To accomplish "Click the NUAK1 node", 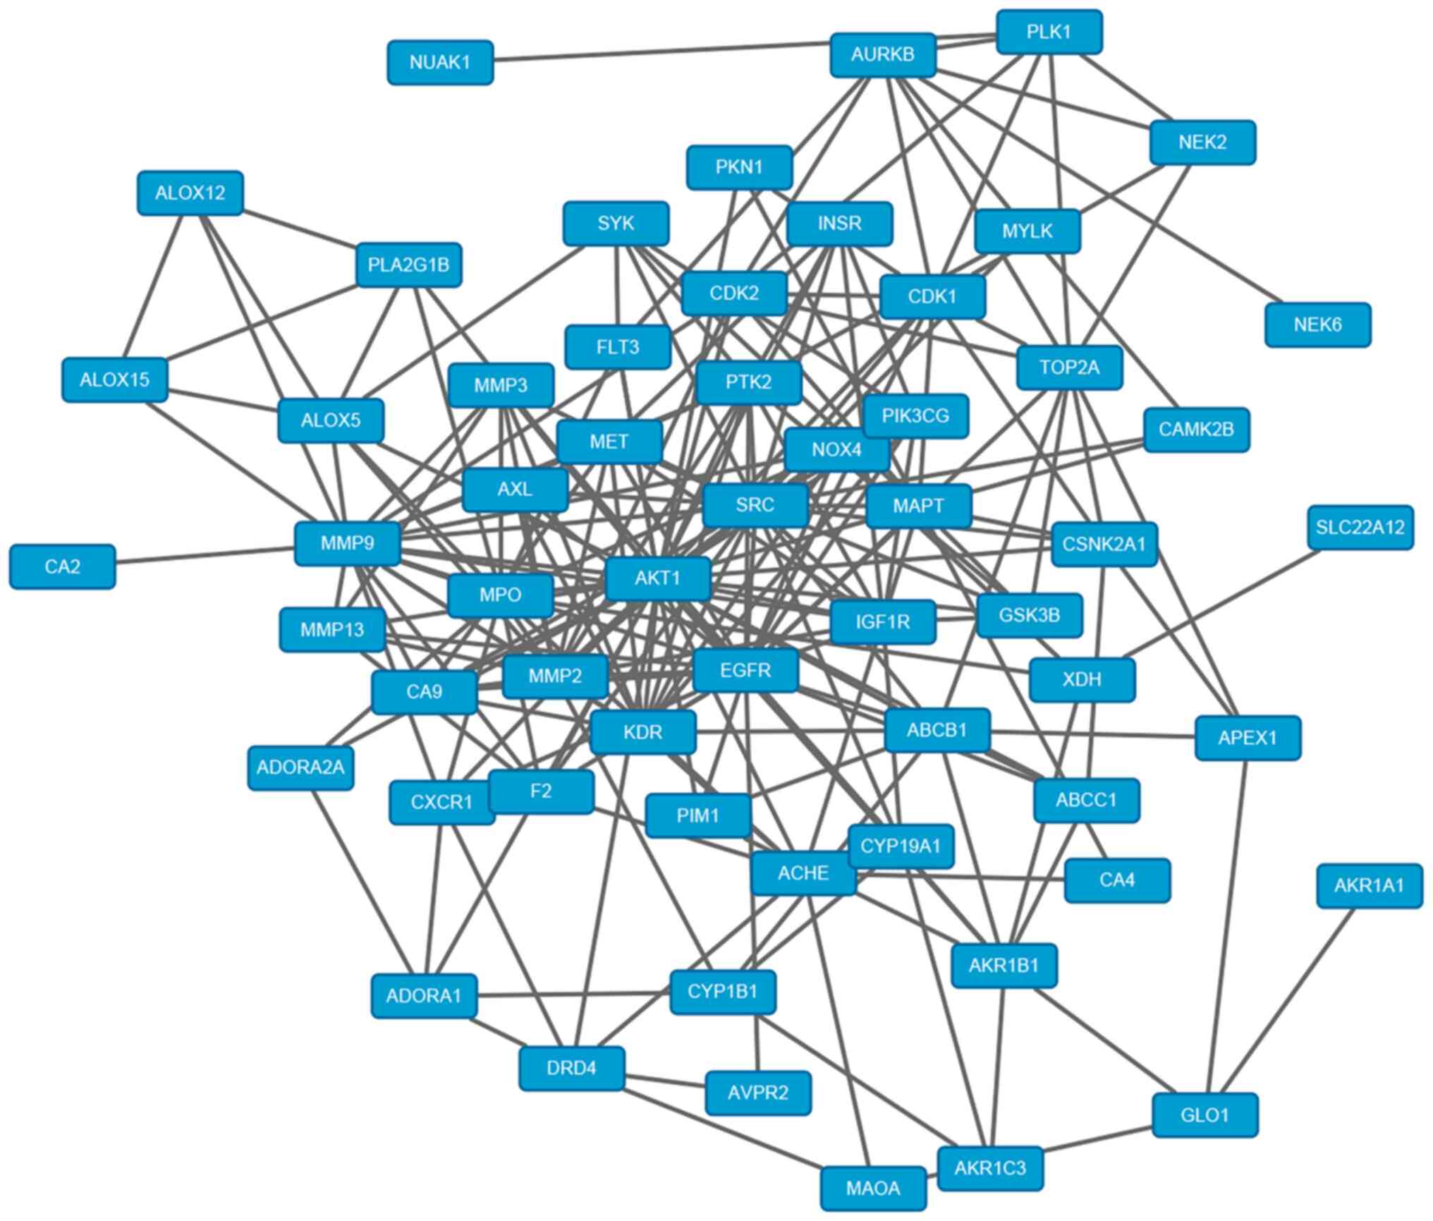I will pyautogui.click(x=440, y=62).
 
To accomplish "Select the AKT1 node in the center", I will pyautogui.click(x=658, y=578).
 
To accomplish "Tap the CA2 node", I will pyautogui.click(x=62, y=566).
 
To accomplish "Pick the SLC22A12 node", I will pyautogui.click(x=1360, y=527).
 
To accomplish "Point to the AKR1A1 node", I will pyautogui.click(x=1369, y=885).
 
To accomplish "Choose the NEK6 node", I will pyautogui.click(x=1317, y=324).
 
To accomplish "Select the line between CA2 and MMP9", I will pyautogui.click(x=205, y=555).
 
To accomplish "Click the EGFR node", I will pyautogui.click(x=745, y=670).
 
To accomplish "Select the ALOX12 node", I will pyautogui.click(x=190, y=193).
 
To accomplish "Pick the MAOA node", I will pyautogui.click(x=873, y=1188).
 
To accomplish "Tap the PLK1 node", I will pyautogui.click(x=1049, y=32).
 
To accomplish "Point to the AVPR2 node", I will pyautogui.click(x=758, y=1093).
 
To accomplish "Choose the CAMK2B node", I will pyautogui.click(x=1196, y=429).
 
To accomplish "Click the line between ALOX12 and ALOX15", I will pyautogui.click(x=154, y=286).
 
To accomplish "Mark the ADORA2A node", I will pyautogui.click(x=300, y=767).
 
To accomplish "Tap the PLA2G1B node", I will pyautogui.click(x=408, y=265).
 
